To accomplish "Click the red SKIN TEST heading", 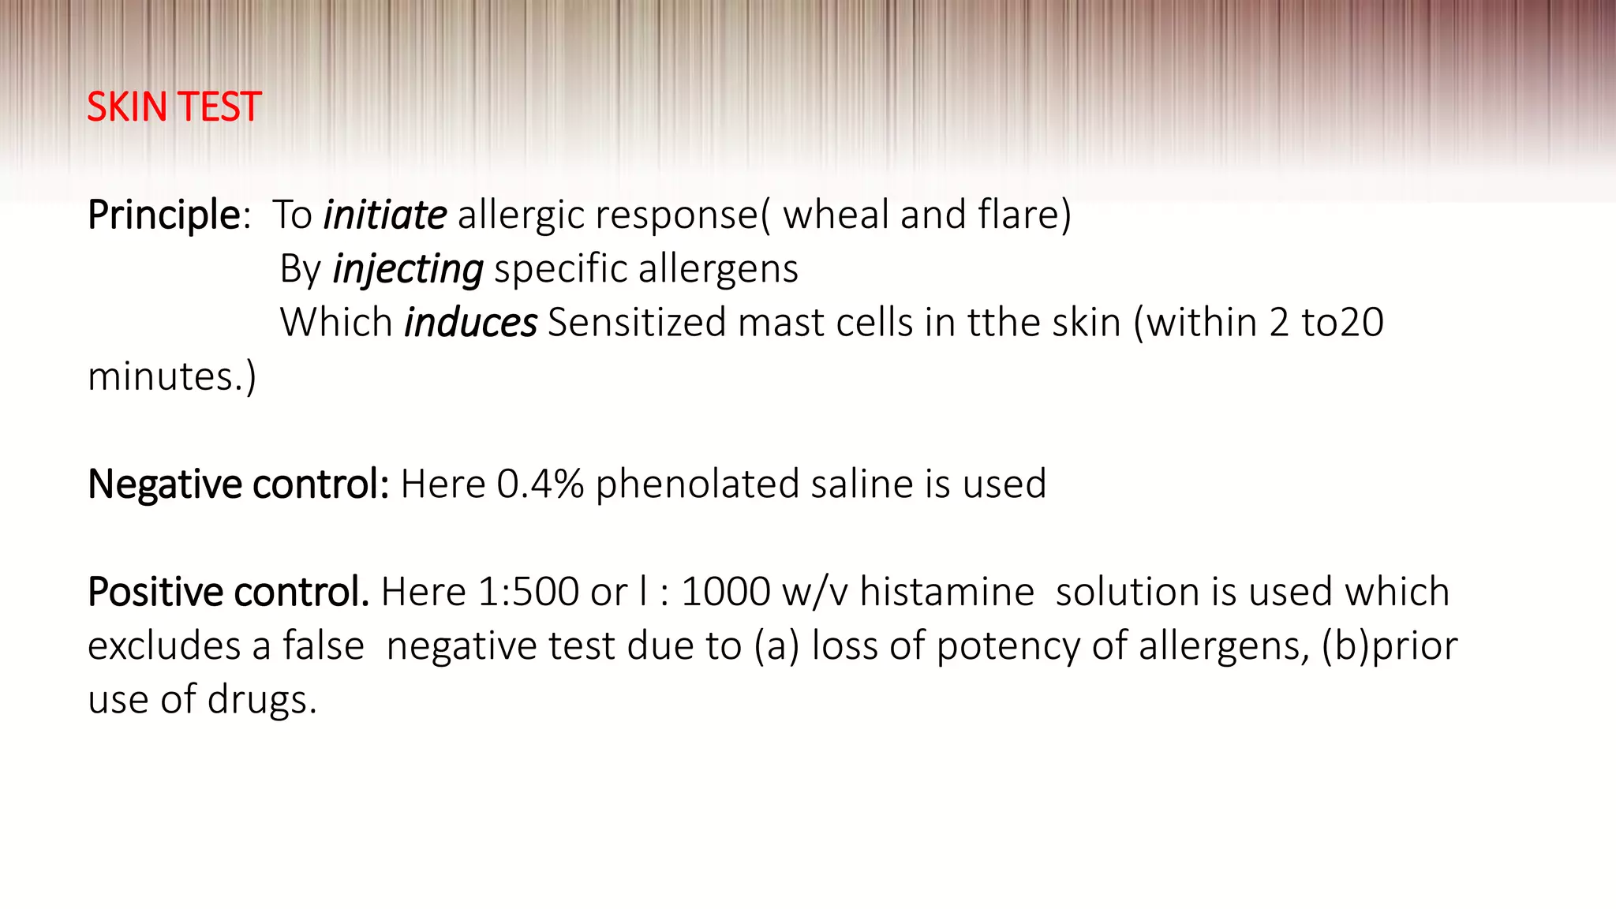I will pos(174,107).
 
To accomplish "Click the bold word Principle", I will pos(163,215).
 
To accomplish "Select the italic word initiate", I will pos(385,215).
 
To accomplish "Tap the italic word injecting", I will pos(408,270).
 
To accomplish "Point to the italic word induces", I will pos(470,323).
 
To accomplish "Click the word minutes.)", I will pos(172,376).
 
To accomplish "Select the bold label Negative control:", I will pos(238,484).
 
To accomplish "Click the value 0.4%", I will pos(540,484).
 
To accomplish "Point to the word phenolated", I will pos(698,484).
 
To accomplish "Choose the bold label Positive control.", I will pos(228,592).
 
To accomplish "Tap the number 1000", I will pos(725,592).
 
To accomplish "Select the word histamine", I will pos(946,592).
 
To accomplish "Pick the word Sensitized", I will pos(636,323).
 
